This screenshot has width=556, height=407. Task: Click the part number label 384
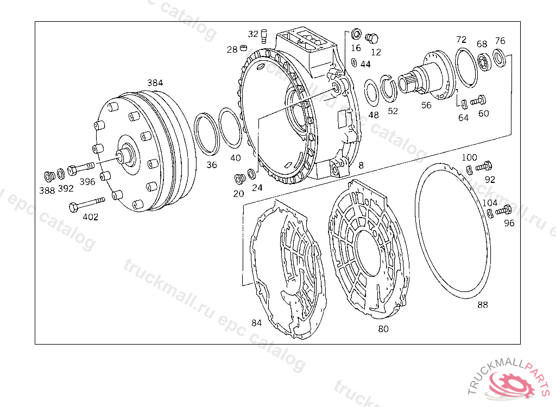[x=155, y=82]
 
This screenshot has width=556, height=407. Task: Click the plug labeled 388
[x=49, y=176]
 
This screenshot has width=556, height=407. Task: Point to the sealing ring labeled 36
[x=207, y=134]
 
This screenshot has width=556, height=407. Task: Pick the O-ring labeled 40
[x=231, y=128]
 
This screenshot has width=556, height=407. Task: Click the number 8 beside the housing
[x=361, y=165]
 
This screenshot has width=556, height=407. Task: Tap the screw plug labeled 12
[x=371, y=38]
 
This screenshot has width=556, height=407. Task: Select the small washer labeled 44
[x=354, y=62]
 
